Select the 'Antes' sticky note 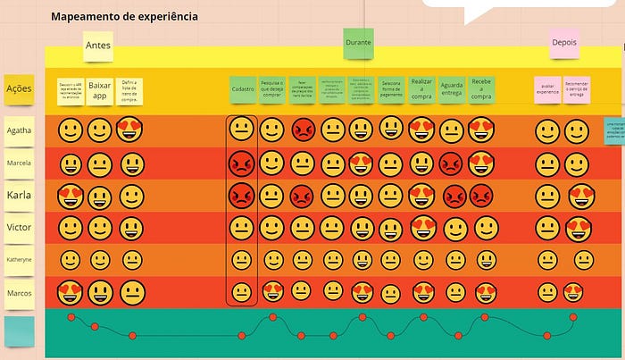[x=98, y=46]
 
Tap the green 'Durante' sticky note [x=358, y=43]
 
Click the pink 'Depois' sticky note [x=564, y=42]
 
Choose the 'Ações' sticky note [x=19, y=88]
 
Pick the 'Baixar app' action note [x=100, y=89]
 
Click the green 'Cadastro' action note [x=242, y=89]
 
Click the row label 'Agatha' [x=19, y=130]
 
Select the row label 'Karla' [x=19, y=196]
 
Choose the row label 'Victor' [x=19, y=228]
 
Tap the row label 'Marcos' [x=19, y=292]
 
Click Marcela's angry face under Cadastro [x=241, y=163]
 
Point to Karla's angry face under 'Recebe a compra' [x=482, y=196]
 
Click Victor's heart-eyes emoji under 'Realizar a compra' [x=421, y=228]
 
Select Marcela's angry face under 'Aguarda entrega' [x=452, y=163]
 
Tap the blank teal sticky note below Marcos [x=19, y=330]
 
